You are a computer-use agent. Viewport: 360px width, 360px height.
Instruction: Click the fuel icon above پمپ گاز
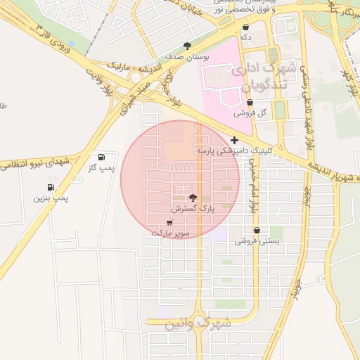tap(103, 157)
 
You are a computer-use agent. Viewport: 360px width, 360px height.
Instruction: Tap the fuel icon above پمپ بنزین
tap(51, 187)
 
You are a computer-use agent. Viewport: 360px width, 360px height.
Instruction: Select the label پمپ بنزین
tap(51, 198)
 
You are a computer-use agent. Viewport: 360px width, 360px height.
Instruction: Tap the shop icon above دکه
tap(245, 27)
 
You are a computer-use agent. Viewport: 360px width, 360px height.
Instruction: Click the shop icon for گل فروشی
tap(250, 103)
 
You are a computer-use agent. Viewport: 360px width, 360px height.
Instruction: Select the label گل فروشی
tap(250, 113)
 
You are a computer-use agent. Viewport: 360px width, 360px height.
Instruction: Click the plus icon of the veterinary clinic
tap(234, 141)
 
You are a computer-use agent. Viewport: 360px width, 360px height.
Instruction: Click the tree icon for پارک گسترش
tap(194, 198)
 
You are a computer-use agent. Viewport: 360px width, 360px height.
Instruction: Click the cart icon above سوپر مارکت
tap(169, 222)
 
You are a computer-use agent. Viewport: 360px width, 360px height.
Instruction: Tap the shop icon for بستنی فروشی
tap(257, 230)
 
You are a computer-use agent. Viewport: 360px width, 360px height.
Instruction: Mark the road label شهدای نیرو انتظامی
tap(35, 163)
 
